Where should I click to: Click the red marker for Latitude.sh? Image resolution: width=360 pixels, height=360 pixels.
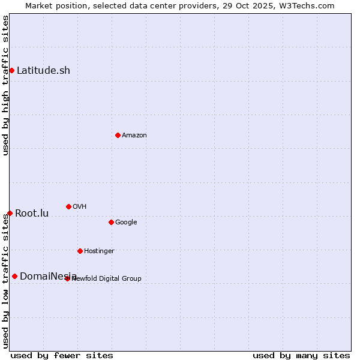[x=11, y=70]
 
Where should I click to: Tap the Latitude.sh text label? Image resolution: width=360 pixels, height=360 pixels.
[x=43, y=70]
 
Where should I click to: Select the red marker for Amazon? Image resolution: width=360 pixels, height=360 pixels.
[x=118, y=135]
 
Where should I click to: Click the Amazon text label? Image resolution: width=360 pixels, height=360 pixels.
[x=134, y=136]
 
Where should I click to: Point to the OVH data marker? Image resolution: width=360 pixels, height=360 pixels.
[x=68, y=206]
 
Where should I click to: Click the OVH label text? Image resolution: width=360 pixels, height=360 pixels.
[x=80, y=207]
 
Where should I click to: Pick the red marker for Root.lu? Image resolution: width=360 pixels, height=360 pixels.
[x=10, y=213]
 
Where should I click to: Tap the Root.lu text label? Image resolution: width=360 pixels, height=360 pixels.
[x=32, y=214]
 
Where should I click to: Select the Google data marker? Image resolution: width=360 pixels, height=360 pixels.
[x=111, y=222]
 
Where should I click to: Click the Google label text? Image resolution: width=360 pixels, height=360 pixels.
[x=126, y=223]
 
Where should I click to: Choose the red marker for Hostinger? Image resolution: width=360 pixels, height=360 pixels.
[x=80, y=251]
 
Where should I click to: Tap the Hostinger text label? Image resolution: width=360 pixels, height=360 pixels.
[x=99, y=251]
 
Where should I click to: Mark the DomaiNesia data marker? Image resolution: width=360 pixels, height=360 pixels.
[x=14, y=276]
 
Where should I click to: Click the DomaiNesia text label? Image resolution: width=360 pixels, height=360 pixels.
[x=48, y=277]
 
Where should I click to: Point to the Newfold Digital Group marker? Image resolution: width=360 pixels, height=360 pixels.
[x=67, y=278]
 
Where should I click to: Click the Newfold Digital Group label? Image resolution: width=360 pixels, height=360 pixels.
[x=107, y=279]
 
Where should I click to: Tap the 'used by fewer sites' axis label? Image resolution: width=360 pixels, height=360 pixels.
[x=62, y=355]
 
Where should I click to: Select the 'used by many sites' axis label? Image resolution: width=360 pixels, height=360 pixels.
[x=301, y=355]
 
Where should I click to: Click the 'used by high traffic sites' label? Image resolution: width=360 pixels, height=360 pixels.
[x=5, y=85]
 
